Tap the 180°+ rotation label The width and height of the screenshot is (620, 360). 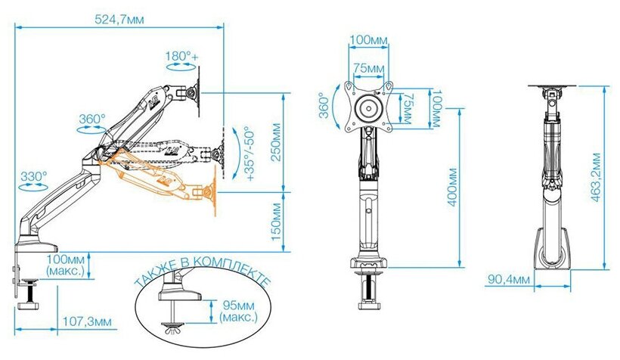click(183, 56)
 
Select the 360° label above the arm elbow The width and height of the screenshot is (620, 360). click(91, 119)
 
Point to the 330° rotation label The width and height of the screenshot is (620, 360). click(34, 175)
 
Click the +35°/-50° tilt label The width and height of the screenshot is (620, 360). click(250, 155)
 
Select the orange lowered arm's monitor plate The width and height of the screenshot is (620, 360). click(215, 190)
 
